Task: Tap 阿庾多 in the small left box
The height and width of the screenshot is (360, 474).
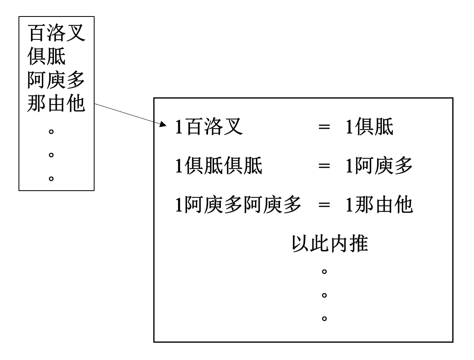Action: [x=56, y=81]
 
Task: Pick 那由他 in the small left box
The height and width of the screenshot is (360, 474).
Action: [x=56, y=104]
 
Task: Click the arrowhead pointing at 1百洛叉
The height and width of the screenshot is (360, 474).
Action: [x=163, y=125]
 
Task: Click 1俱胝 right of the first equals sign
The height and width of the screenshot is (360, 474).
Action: [x=369, y=128]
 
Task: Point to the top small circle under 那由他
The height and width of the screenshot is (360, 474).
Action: [x=51, y=131]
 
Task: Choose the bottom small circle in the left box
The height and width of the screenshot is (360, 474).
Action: [x=51, y=178]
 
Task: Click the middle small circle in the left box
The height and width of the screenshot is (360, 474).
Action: [x=51, y=154]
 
